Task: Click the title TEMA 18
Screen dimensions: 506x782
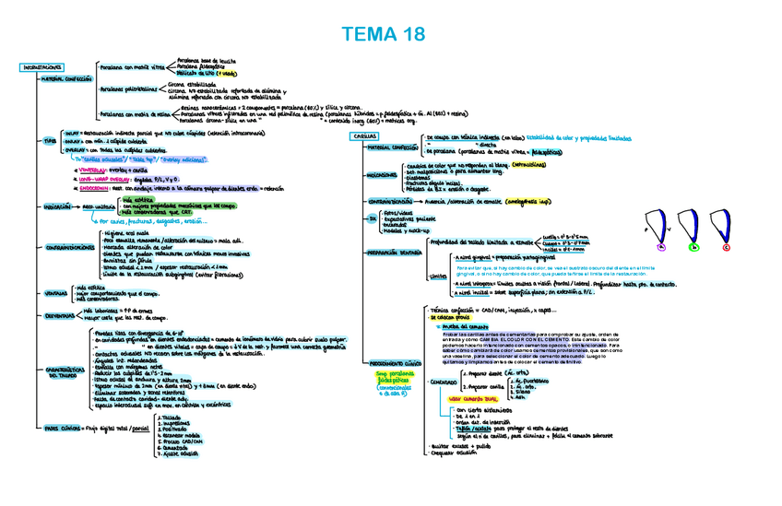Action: [x=384, y=35]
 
